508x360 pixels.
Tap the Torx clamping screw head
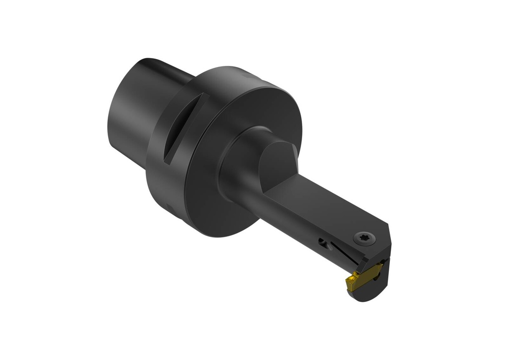click(364, 239)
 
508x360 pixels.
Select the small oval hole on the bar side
click(323, 242)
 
